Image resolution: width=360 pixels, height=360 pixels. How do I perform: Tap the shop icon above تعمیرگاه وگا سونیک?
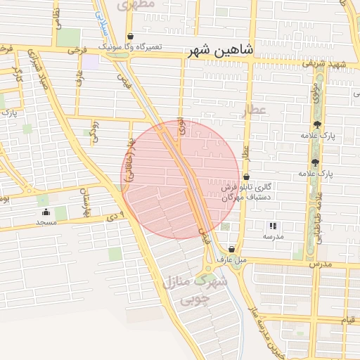pyautogui.click(x=130, y=37)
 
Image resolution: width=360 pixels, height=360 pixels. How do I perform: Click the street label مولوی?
pyautogui.click(x=316, y=92)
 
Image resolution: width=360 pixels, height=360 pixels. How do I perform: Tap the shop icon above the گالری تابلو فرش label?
pyautogui.click(x=246, y=176)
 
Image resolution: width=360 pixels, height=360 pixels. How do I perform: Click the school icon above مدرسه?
pyautogui.click(x=272, y=226)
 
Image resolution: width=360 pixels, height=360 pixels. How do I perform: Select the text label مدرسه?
pyautogui.click(x=272, y=237)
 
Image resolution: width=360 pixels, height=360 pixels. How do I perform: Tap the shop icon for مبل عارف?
pyautogui.click(x=231, y=249)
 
